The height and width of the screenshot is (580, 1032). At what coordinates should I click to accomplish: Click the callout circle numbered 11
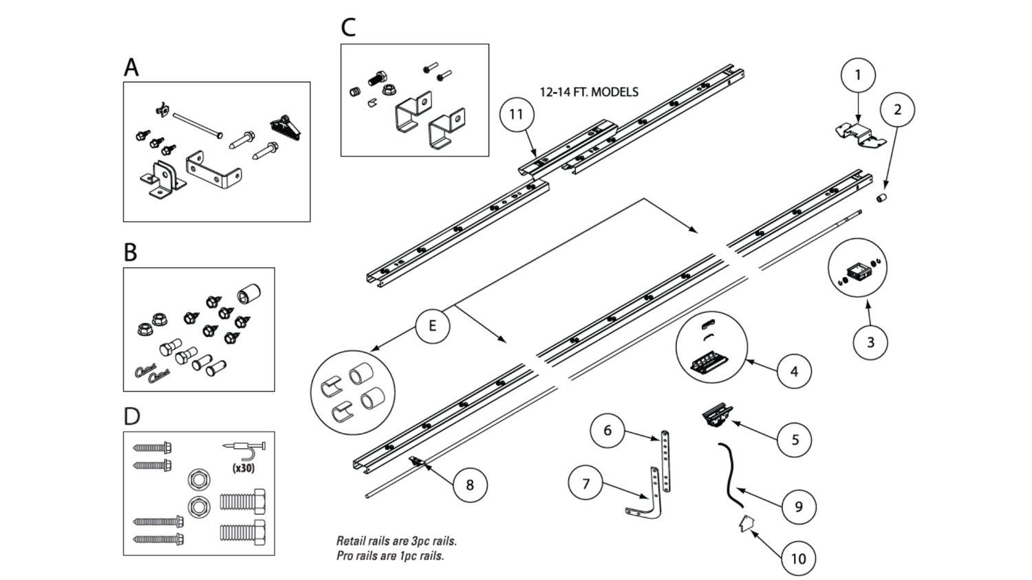517,115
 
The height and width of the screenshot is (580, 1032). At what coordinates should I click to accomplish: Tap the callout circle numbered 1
857,75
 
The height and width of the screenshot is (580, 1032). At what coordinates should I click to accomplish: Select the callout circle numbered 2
897,110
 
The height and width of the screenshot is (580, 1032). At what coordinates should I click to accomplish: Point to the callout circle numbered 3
870,342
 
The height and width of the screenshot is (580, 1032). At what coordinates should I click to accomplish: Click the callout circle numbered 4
794,372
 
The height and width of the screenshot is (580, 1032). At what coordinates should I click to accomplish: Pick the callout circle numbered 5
795,440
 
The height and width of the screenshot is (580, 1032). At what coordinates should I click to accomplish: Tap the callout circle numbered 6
608,431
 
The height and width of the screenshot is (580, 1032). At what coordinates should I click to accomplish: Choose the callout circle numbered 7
586,484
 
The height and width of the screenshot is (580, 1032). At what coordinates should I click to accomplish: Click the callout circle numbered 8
470,485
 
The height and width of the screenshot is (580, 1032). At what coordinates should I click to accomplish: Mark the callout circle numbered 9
798,506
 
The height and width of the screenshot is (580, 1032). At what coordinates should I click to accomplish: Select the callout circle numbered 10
798,559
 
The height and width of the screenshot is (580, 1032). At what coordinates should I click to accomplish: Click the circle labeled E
432,325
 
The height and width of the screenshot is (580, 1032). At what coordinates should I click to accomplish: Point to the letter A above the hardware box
131,67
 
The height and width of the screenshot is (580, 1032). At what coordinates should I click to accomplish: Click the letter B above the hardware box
130,253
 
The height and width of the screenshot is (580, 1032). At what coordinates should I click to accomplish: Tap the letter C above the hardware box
348,28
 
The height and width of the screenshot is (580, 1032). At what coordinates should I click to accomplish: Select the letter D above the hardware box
131,416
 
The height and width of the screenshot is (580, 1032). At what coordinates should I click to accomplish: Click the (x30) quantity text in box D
242,468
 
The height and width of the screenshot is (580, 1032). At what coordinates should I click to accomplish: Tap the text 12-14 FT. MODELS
588,92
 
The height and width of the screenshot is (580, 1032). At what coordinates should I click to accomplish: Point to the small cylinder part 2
881,199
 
